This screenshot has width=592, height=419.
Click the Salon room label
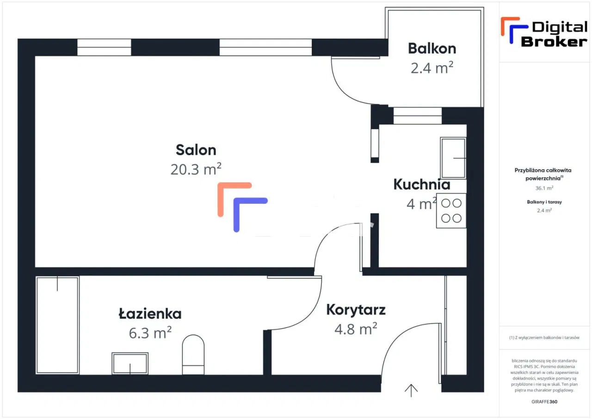tap(196, 150)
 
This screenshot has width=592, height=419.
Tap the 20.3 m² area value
tap(196, 169)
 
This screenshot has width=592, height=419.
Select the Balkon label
tap(432, 48)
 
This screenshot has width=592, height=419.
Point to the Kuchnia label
tap(421, 184)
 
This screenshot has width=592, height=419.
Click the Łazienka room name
tap(150, 314)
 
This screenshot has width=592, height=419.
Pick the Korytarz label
tap(356, 310)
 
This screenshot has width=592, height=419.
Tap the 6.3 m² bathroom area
tap(150, 332)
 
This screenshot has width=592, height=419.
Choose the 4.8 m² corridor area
tap(355, 329)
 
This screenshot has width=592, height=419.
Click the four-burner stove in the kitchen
tap(451, 211)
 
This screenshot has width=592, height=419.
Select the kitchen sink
tap(453, 158)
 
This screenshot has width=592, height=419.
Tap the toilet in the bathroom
tap(193, 354)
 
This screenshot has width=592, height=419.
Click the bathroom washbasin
tap(130, 363)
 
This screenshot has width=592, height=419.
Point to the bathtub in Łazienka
tap(57, 325)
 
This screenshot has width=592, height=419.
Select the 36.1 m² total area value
tap(544, 188)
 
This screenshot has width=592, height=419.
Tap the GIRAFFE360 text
tap(544, 401)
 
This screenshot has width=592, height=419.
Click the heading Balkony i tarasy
tap(544, 202)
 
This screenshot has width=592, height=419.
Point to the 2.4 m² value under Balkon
tap(432, 68)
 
